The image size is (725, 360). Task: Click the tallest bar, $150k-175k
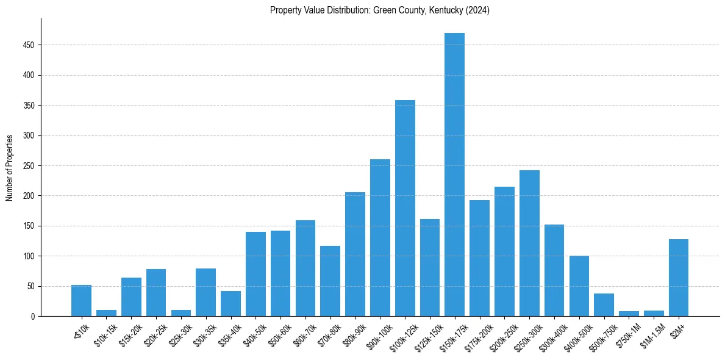[454, 177]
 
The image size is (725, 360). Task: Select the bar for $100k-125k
[405, 207]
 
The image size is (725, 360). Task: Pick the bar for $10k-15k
[106, 313]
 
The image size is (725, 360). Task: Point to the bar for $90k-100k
[380, 238]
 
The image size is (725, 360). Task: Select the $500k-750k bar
[604, 305]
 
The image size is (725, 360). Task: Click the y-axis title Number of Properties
[9, 167]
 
